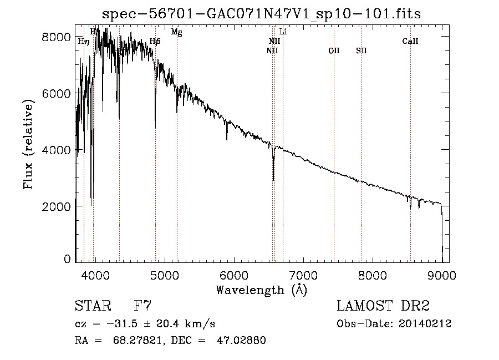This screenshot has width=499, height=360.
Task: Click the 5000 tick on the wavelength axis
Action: (164, 275)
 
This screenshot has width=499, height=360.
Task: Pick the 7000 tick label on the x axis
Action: (303, 275)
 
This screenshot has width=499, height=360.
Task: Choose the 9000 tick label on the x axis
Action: (441, 275)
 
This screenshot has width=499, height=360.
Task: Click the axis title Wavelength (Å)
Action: (261, 290)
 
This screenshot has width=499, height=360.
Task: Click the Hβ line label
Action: (155, 41)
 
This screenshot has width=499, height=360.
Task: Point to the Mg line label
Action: (176, 32)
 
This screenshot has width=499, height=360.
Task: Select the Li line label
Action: (283, 32)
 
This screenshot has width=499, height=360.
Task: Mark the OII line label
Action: (334, 50)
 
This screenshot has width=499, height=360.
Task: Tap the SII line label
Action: (361, 50)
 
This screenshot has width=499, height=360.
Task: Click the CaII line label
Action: (410, 41)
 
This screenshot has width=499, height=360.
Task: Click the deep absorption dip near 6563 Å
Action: (273, 176)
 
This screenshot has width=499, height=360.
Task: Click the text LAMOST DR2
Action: (383, 306)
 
